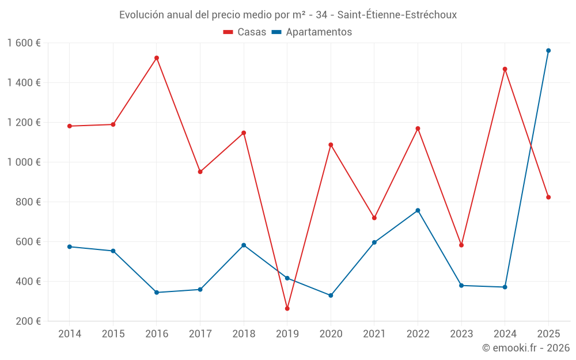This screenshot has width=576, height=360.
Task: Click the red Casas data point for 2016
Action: pos(157,58)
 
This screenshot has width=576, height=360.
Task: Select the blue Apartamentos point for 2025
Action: pos(548,51)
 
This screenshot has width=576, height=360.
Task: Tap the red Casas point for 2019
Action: pos(287,309)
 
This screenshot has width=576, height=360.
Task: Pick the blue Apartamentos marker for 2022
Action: pos(418,210)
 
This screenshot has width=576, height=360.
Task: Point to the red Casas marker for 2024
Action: pos(505,69)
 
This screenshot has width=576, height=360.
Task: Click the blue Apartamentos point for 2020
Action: pos(331,295)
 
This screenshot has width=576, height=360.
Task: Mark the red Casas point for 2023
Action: pos(461,245)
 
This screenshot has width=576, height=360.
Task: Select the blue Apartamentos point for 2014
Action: pos(70,247)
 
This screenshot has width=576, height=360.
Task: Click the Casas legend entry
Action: pos(245,32)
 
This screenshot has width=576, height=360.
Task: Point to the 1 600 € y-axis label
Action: pos(24,43)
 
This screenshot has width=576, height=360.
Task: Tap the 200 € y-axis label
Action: pos(29,321)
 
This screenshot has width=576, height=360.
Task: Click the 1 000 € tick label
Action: pos(24,162)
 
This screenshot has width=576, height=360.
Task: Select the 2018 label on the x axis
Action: pos(244,334)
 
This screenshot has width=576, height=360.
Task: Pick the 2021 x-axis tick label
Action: pos(374,334)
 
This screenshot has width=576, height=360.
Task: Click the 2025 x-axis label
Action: pos(548,334)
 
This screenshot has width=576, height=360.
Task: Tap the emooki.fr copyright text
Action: pos(525,348)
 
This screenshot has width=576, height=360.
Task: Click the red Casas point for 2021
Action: pos(374,218)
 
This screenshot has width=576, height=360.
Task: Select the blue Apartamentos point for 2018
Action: pos(244,245)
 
